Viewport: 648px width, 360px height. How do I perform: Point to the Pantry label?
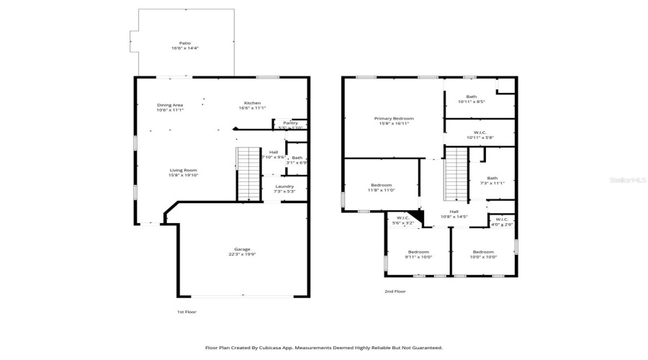[290, 123]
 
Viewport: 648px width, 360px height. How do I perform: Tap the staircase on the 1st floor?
[248, 173]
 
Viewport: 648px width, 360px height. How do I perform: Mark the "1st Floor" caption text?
[186, 312]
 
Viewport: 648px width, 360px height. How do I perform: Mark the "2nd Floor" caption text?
[395, 292]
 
